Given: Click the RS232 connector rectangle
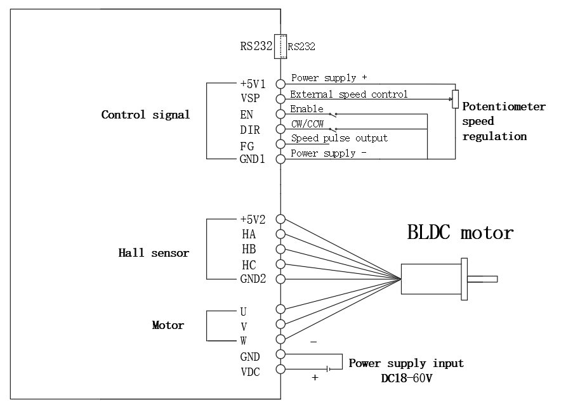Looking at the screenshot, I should pos(280,46).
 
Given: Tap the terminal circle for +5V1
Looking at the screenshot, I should pos(280,83).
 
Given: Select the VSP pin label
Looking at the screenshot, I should pos(249,99).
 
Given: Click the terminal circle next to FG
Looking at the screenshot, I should pos(280,144).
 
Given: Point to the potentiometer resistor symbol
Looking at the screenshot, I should pos(455,99).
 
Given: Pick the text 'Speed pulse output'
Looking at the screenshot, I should pos(339,138).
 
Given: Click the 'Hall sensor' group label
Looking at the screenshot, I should pos(154,253).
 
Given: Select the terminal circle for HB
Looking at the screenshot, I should pos(280,249).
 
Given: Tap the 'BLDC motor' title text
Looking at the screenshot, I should pos(460,233).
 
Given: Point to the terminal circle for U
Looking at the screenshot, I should pos(280,309).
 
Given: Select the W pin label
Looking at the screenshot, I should pos(244,339).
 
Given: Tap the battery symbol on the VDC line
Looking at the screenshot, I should pos(327,369).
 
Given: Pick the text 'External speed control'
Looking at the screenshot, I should pos(348,94).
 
